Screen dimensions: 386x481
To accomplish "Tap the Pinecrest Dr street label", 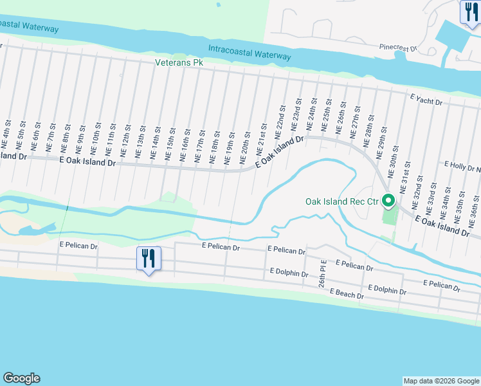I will tap(399, 48).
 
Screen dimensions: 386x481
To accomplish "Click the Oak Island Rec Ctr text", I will tap(343, 202).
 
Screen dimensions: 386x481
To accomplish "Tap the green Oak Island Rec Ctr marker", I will tap(388, 201).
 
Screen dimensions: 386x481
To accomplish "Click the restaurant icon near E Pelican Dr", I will tap(149, 259).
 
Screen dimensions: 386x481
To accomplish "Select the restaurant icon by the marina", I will tap(469, 11).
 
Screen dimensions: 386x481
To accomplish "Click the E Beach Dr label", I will tap(347, 294).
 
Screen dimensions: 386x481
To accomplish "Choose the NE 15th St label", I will tap(170, 147).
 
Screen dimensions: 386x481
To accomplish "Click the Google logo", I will tap(21, 378).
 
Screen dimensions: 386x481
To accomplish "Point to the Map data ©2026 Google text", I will tap(441, 381).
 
